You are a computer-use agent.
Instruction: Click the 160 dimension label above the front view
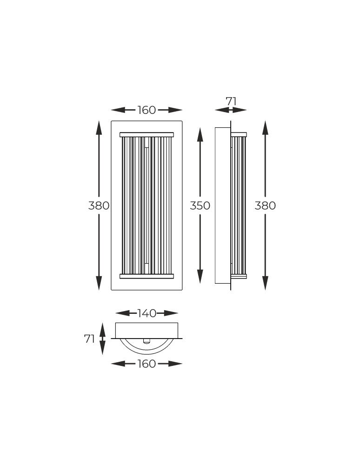147,110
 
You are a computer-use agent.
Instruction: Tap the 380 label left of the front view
99,206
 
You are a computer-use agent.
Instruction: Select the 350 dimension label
200,206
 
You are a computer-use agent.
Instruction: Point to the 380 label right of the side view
265,206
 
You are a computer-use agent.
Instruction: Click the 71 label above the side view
231,101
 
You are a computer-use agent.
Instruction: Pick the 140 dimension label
147,313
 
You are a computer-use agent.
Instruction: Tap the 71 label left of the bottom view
90,339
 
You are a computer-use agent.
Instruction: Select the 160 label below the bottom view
147,364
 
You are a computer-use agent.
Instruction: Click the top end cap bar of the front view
147,135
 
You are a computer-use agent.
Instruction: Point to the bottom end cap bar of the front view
147,276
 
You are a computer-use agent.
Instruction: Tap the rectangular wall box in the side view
223,206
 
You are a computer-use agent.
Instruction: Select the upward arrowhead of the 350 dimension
200,135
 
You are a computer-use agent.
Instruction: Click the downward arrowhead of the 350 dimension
200,276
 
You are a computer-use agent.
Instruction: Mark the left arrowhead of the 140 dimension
123,313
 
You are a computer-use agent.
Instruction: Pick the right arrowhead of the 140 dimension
171,313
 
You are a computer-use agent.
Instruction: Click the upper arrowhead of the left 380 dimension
99,128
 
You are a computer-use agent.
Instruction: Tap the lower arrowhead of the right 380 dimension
265,283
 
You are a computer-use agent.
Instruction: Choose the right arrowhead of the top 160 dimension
175,110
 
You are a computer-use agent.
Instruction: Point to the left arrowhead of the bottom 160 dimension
118,364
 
